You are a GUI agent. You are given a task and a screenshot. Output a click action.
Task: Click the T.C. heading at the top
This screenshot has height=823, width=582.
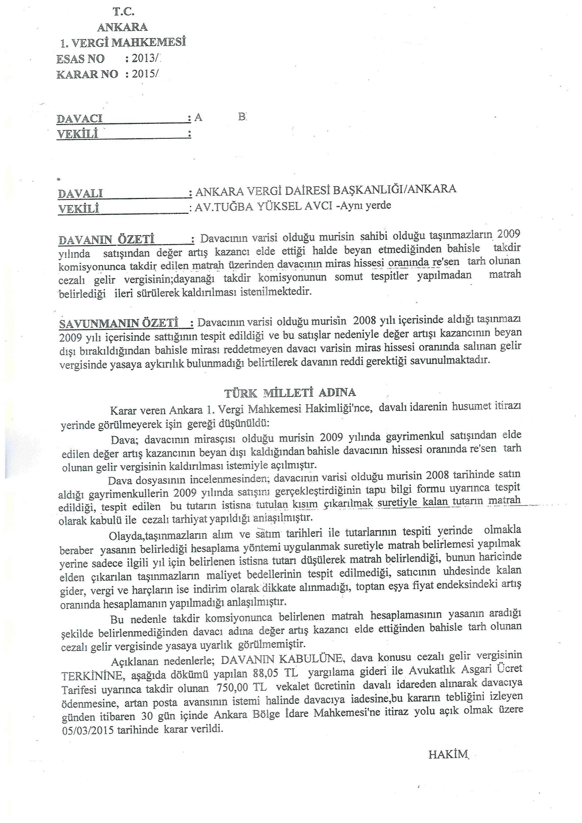pyautogui.click(x=124, y=12)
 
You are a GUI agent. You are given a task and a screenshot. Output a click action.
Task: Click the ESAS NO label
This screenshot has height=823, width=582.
pyautogui.click(x=80, y=59)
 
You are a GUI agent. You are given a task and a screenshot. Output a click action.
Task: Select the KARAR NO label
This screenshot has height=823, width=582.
pyautogui.click(x=87, y=74)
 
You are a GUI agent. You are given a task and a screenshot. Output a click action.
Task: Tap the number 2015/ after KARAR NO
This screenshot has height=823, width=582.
pyautogui.click(x=145, y=74)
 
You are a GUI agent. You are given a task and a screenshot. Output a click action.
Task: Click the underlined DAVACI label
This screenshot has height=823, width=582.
pyautogui.click(x=80, y=119)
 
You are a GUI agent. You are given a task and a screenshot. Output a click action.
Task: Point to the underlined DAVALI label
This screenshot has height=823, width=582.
pyautogui.click(x=80, y=194)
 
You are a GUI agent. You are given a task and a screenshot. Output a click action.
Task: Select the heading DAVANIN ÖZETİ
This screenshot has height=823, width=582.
pyautogui.click(x=106, y=239)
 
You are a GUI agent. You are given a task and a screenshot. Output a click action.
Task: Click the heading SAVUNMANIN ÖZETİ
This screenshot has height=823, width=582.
pyautogui.click(x=119, y=323)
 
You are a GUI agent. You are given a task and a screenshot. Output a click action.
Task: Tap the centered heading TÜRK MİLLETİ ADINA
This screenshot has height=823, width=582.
pyautogui.click(x=290, y=393)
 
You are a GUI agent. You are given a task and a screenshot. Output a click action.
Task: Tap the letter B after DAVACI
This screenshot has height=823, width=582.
pyautogui.click(x=242, y=116)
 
